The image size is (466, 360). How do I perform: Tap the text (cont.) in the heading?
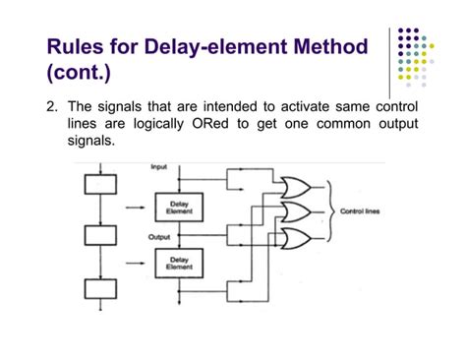[x=79, y=73]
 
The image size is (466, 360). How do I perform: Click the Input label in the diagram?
[x=158, y=168]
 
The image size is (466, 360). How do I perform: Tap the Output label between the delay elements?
[x=158, y=237]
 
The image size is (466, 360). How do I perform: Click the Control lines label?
[x=359, y=211]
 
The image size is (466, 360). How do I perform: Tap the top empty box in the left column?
[x=100, y=184]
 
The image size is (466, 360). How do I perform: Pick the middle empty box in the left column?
[x=100, y=236]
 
